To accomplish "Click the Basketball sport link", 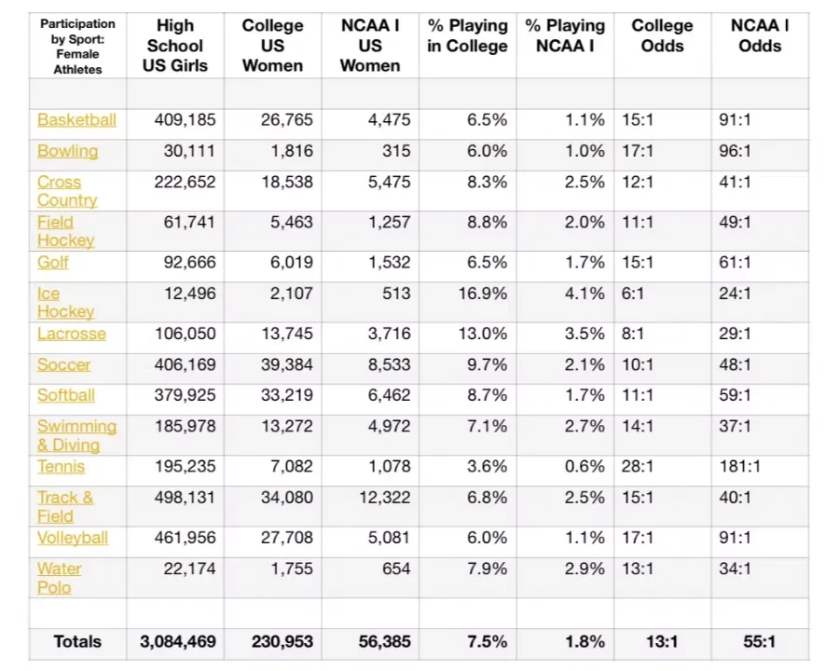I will (x=76, y=120).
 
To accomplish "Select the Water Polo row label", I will (x=59, y=578).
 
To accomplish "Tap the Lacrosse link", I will (x=71, y=335).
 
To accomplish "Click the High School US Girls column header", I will (x=175, y=46).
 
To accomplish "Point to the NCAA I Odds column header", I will (x=760, y=35).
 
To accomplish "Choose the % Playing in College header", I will (x=467, y=35).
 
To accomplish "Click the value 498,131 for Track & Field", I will (x=185, y=498).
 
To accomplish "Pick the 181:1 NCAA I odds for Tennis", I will (x=740, y=466).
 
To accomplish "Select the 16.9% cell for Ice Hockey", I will (x=487, y=294).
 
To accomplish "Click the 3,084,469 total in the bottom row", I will (x=177, y=641).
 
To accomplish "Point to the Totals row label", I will (x=77, y=641).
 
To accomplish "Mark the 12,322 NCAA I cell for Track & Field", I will (x=384, y=498).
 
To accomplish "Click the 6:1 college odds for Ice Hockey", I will (x=634, y=294).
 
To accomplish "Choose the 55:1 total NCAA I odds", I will (x=759, y=641).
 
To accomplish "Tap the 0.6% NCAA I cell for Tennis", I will (x=585, y=466).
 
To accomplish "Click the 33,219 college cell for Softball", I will (x=287, y=395).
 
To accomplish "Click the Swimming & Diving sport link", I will (x=76, y=435).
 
